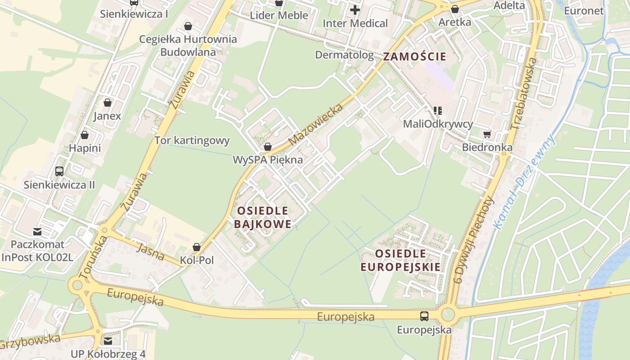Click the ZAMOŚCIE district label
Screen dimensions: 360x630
click(414, 57)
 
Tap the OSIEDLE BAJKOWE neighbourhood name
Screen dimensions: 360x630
click(263, 217)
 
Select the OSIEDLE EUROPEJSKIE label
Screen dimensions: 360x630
click(400, 260)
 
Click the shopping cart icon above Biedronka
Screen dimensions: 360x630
click(487, 134)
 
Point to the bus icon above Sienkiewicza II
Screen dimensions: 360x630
click(59, 171)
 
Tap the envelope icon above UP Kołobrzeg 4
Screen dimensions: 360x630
click(108, 341)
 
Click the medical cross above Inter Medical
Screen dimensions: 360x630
click(355, 9)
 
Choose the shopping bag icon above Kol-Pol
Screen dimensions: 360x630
click(197, 247)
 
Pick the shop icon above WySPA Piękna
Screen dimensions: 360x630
click(268, 147)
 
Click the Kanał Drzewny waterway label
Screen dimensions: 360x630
click(524, 182)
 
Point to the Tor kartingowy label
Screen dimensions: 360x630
click(192, 140)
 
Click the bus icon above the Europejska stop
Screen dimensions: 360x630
click(424, 316)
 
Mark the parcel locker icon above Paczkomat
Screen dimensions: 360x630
click(37, 232)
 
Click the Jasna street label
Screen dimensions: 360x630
click(150, 252)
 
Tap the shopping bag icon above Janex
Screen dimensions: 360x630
click(107, 103)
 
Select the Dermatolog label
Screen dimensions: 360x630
click(344, 55)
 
